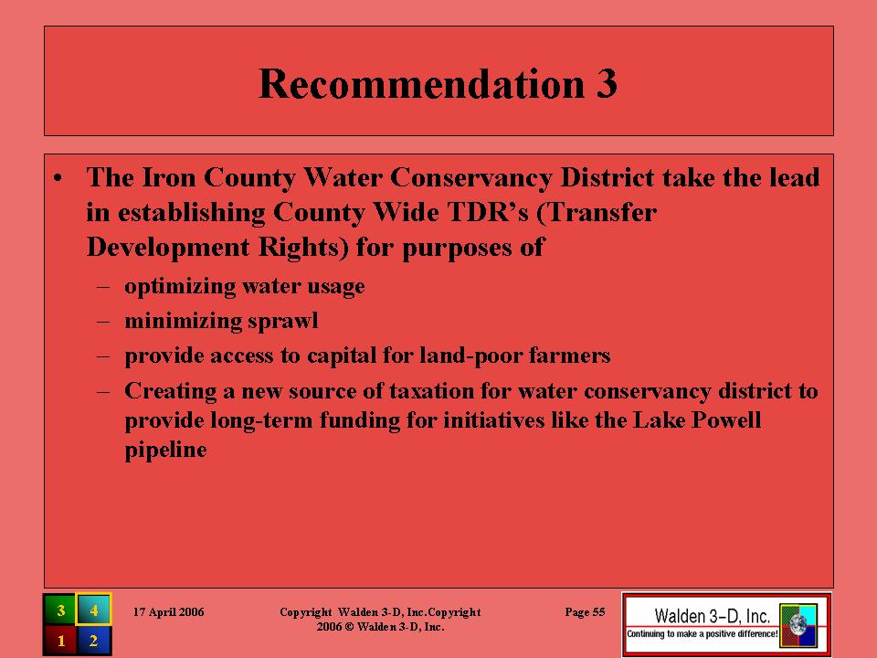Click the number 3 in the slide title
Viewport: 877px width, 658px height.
click(607, 84)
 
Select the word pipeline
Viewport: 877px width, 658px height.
click(165, 451)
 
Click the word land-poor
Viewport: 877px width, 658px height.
click(471, 356)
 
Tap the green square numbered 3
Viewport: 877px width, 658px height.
click(60, 610)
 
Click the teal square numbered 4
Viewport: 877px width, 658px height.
click(93, 610)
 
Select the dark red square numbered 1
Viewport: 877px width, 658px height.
click(60, 640)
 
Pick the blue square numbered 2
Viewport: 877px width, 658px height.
click(93, 640)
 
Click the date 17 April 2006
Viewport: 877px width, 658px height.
click(168, 612)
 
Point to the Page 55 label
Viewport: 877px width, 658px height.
click(585, 612)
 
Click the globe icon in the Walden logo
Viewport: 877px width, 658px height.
click(798, 623)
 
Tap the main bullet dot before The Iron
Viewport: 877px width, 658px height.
click(58, 178)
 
